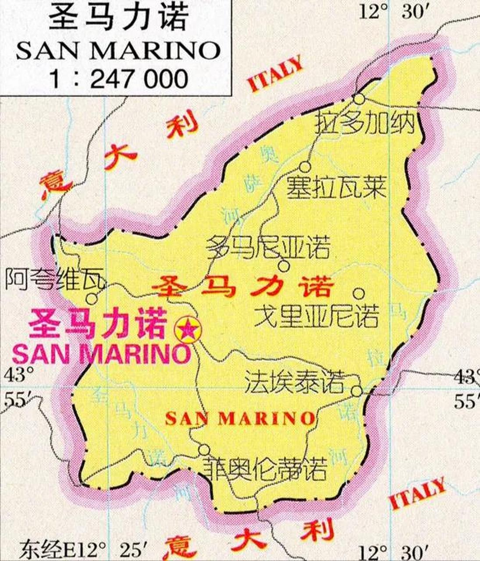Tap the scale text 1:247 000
click(x=118, y=79)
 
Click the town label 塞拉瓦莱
click(x=336, y=188)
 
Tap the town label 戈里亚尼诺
click(x=316, y=316)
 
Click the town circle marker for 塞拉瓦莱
click(x=305, y=167)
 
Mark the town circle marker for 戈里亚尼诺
click(x=359, y=292)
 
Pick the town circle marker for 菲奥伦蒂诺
click(x=204, y=450)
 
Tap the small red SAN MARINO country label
click(x=240, y=419)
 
